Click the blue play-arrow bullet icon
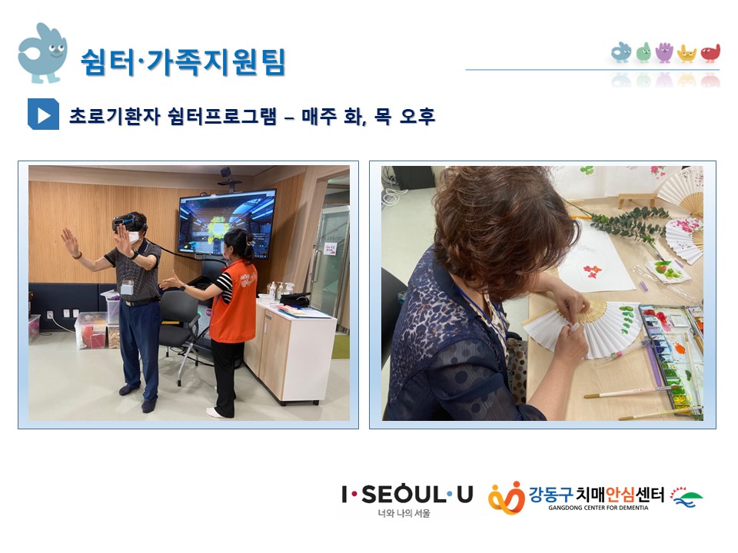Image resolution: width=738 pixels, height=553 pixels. click(x=43, y=114)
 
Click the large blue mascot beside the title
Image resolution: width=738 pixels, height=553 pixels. click(x=42, y=53)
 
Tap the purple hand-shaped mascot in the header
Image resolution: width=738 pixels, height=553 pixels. click(x=664, y=52)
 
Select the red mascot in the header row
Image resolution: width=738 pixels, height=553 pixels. click(x=710, y=53)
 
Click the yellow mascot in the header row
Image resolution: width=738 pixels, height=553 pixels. click(x=686, y=54)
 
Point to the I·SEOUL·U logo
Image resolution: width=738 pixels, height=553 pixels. click(x=407, y=495)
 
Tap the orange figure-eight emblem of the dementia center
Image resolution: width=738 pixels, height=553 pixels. click(x=507, y=498)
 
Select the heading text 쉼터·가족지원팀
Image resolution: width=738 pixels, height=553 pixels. click(x=183, y=61)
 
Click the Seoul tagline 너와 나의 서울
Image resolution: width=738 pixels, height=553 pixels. click(x=404, y=514)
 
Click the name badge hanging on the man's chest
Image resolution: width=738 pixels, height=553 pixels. click(x=127, y=286)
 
